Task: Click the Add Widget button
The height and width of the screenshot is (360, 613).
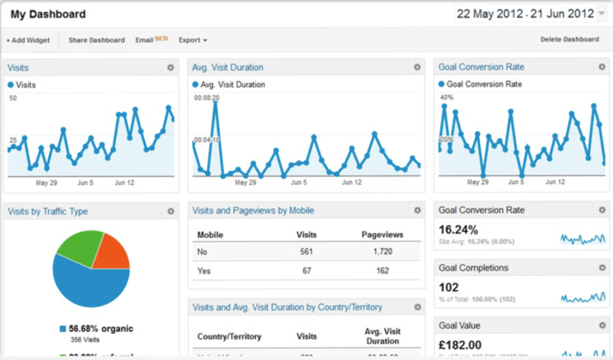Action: [28, 40]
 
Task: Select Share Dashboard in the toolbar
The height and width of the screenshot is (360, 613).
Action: [97, 40]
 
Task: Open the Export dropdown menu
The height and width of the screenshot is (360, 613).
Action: [193, 40]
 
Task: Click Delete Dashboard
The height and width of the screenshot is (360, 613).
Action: [569, 40]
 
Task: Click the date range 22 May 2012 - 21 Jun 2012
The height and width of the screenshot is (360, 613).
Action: [525, 14]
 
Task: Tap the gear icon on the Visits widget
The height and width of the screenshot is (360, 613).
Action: [170, 67]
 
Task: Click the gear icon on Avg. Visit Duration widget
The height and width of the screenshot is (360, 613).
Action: [417, 67]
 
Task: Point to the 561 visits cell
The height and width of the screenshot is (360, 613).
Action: [306, 251]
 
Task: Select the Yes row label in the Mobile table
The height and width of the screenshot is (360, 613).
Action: [205, 271]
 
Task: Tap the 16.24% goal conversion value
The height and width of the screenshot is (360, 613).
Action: [458, 229]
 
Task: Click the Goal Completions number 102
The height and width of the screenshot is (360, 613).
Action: [449, 287]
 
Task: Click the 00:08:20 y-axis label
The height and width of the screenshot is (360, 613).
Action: [207, 98]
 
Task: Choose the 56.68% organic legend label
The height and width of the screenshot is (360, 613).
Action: [101, 329]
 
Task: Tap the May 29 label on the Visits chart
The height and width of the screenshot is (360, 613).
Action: [48, 182]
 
